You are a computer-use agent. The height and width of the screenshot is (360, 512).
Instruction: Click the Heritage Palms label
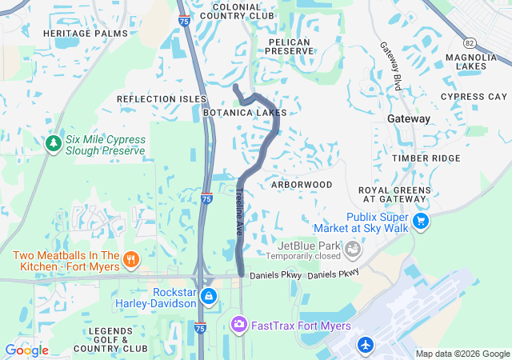coord(85,33)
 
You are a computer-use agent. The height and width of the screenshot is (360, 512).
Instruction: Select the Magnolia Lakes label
coord(471,62)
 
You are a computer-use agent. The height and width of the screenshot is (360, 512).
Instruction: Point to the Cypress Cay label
coord(474,97)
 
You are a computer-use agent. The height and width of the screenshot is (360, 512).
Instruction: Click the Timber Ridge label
coord(426,158)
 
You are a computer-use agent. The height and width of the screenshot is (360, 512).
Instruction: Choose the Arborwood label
coord(302,185)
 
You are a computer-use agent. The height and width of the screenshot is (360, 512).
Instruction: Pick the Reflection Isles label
coord(161,99)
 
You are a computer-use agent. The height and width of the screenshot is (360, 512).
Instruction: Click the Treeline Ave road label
coord(239,211)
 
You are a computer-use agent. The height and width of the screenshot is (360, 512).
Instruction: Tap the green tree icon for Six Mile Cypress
coord(54,144)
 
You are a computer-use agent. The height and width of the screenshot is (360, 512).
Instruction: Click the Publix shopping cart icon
coord(421,220)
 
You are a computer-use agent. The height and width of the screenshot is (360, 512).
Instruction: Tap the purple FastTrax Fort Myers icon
coord(238,324)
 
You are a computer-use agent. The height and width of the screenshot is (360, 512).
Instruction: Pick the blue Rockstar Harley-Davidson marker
coord(208,297)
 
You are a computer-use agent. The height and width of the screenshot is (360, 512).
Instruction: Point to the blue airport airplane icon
coord(366,345)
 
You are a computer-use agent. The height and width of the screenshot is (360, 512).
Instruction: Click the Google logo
coord(26,350)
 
